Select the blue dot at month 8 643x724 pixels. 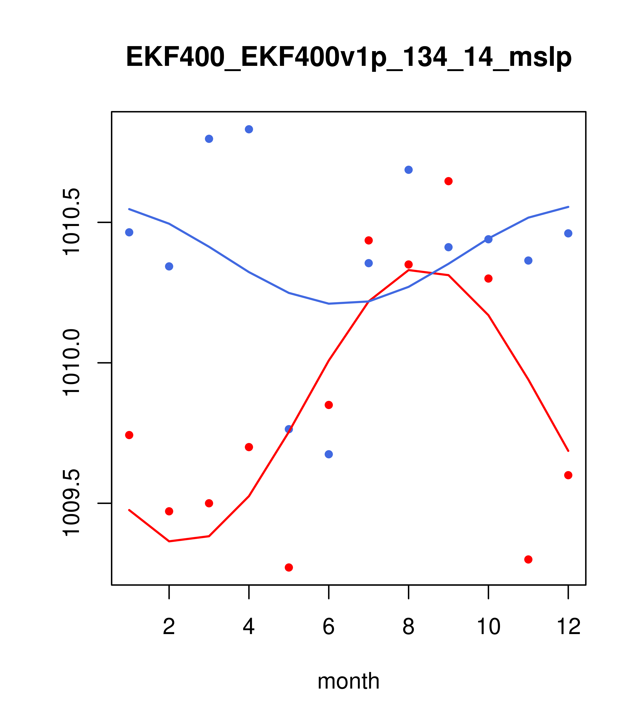tap(408, 170)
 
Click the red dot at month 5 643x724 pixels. tap(289, 568)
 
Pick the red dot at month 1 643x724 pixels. tap(129, 435)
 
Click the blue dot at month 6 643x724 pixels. tap(329, 454)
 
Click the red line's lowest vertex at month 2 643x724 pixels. tap(169, 541)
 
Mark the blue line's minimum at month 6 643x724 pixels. tap(329, 304)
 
